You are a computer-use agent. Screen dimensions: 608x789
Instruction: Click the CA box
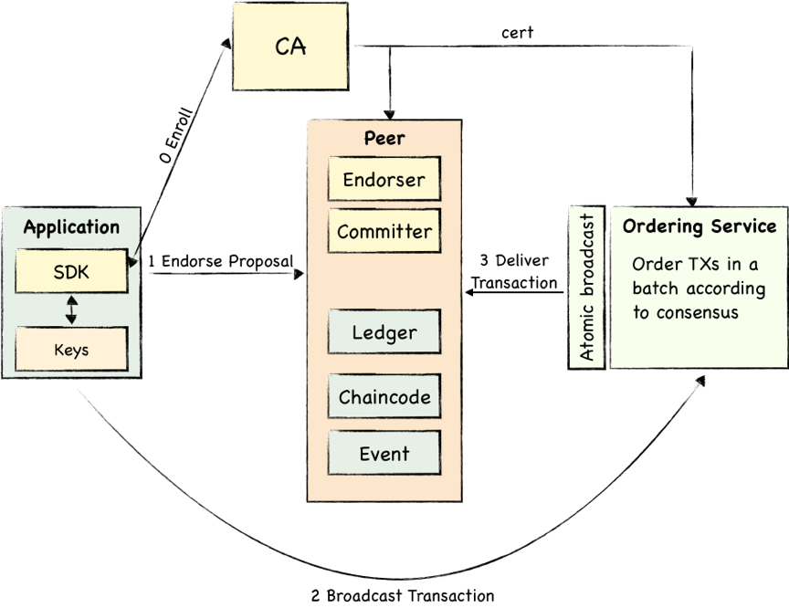click(x=289, y=46)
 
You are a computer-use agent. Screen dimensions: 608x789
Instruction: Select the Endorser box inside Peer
click(x=384, y=179)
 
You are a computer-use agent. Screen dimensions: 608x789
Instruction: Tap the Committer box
click(x=384, y=231)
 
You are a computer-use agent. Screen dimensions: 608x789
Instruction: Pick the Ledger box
click(x=384, y=332)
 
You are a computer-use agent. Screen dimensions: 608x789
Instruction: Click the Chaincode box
click(x=384, y=397)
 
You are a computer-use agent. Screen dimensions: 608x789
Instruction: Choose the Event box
click(x=384, y=454)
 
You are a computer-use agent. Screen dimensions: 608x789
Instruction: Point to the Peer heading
click(x=384, y=139)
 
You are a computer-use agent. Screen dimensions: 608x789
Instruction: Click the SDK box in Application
click(x=71, y=272)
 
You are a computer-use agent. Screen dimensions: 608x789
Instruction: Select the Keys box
click(x=71, y=350)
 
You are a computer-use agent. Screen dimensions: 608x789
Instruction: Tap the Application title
click(x=71, y=227)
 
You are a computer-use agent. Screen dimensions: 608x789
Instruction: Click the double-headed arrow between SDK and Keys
click(x=71, y=309)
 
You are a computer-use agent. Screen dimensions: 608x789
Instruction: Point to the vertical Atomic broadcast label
click(x=586, y=288)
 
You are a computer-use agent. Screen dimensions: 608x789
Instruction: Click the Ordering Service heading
click(x=700, y=226)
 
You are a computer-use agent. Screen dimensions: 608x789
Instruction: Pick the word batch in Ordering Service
click(x=657, y=288)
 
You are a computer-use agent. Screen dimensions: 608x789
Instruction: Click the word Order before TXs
click(x=655, y=265)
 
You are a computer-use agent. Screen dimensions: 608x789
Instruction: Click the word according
click(x=726, y=289)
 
